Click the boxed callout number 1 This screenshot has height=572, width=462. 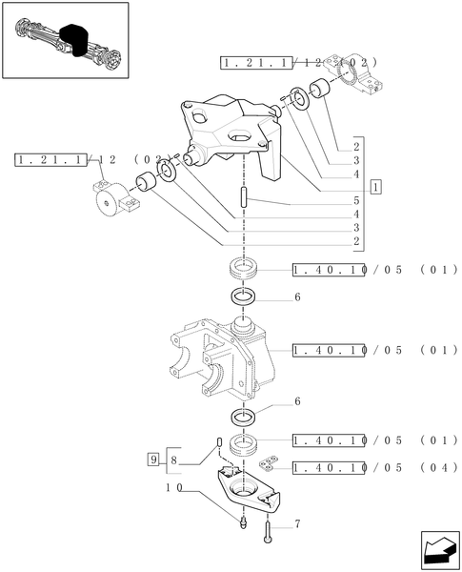[x=376, y=187]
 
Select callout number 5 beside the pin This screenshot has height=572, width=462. [x=356, y=200]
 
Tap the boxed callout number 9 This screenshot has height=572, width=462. [x=153, y=459]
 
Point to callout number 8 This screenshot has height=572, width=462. [x=173, y=460]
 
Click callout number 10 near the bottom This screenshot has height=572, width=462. [x=174, y=488]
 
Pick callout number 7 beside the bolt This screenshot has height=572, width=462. [x=297, y=524]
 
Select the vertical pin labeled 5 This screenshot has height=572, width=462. [x=244, y=197]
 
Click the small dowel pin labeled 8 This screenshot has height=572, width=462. [x=219, y=441]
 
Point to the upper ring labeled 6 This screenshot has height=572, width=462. [x=243, y=296]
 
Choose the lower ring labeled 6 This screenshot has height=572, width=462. [x=243, y=418]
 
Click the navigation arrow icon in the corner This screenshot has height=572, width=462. [x=440, y=550]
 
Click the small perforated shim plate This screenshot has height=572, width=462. [x=270, y=461]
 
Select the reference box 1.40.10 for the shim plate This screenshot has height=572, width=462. [x=329, y=468]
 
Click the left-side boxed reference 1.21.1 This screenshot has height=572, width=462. [x=50, y=160]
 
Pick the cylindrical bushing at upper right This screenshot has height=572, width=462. [x=319, y=88]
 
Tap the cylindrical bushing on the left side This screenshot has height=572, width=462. [x=147, y=181]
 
